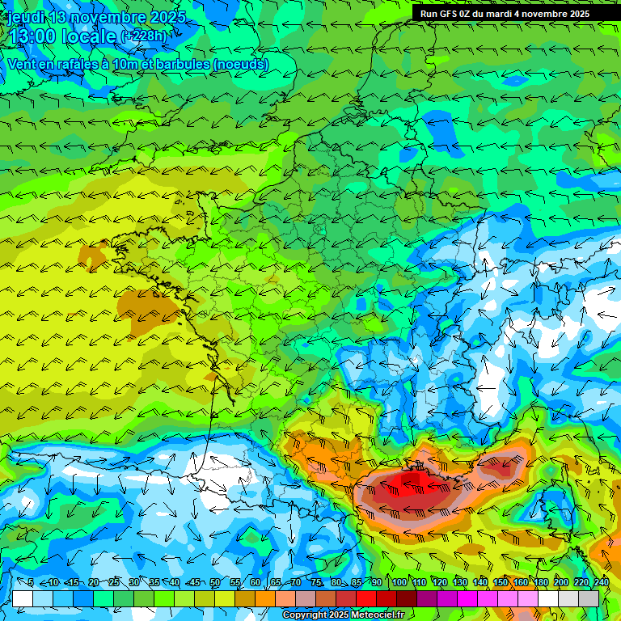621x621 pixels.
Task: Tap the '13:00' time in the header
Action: pyautogui.click(x=36, y=36)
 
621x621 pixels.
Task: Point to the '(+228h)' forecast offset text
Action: pyautogui.click(x=145, y=36)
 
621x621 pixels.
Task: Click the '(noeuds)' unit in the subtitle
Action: pyautogui.click(x=242, y=64)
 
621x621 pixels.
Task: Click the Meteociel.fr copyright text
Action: pyautogui.click(x=344, y=615)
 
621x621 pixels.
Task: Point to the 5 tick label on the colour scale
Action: pyautogui.click(x=31, y=583)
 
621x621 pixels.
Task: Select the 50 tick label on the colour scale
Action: pyautogui.click(x=215, y=583)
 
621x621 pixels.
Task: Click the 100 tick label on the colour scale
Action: pyautogui.click(x=399, y=583)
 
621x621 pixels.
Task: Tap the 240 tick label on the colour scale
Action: pyautogui.click(x=601, y=583)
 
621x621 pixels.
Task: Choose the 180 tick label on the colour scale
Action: pyautogui.click(x=541, y=583)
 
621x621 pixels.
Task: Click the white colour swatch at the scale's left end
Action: pyautogui.click(x=23, y=598)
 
